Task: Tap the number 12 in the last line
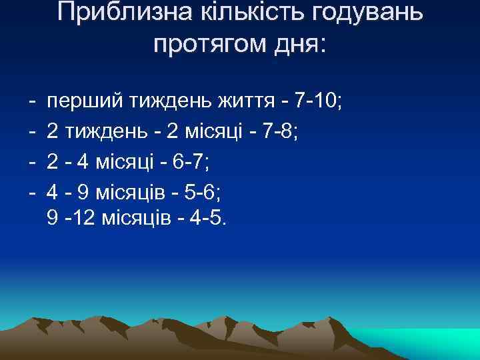tap(82, 219)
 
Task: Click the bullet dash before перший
tap(31, 102)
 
